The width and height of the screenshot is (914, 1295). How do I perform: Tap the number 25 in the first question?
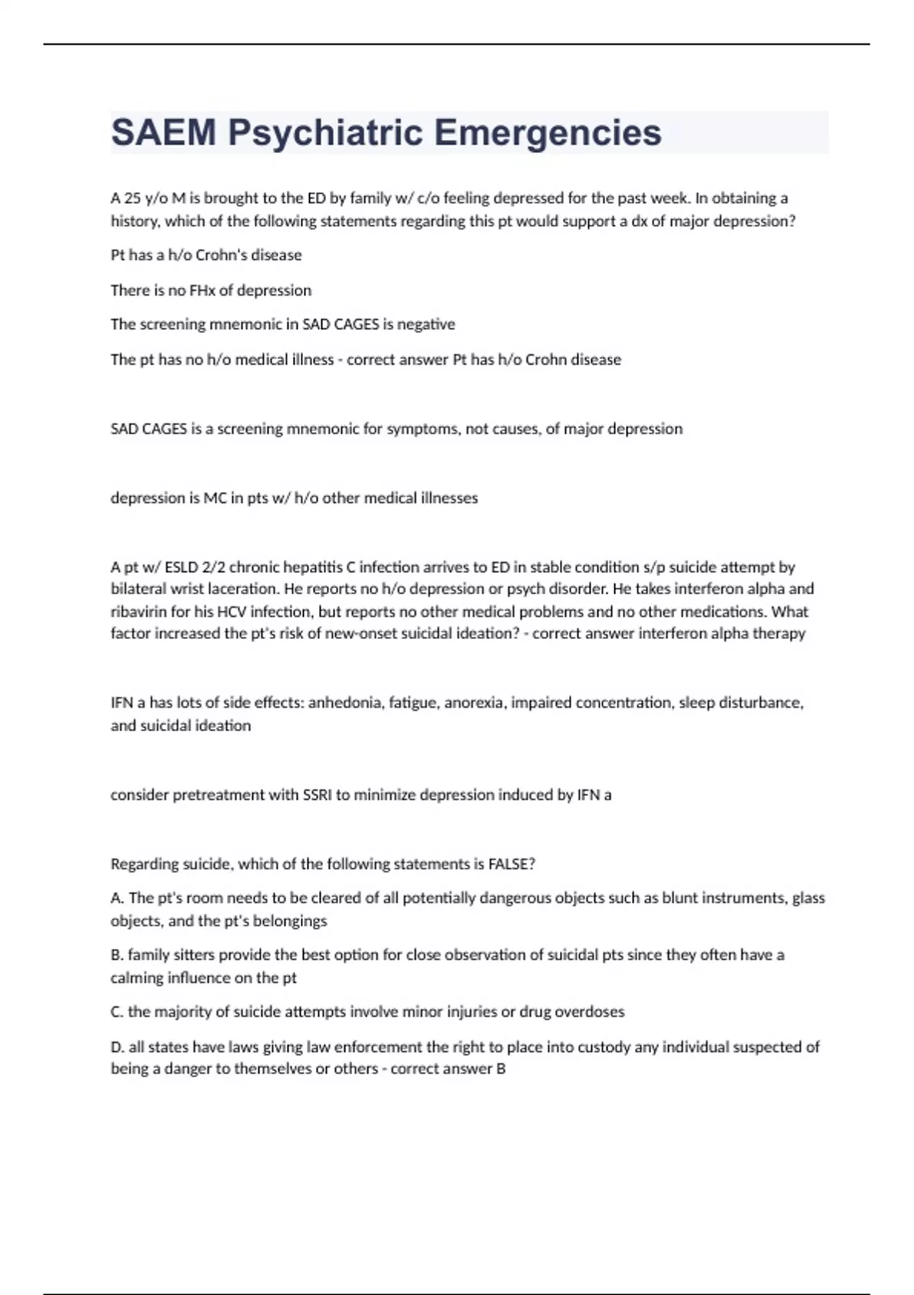133,198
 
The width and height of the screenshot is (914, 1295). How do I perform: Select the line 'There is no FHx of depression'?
211,290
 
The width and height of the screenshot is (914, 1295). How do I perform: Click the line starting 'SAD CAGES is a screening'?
396,429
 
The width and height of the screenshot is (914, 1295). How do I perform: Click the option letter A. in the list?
117,898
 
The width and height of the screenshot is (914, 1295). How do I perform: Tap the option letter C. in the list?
117,1012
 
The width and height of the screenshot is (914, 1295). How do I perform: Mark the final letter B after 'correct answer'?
500,1069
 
